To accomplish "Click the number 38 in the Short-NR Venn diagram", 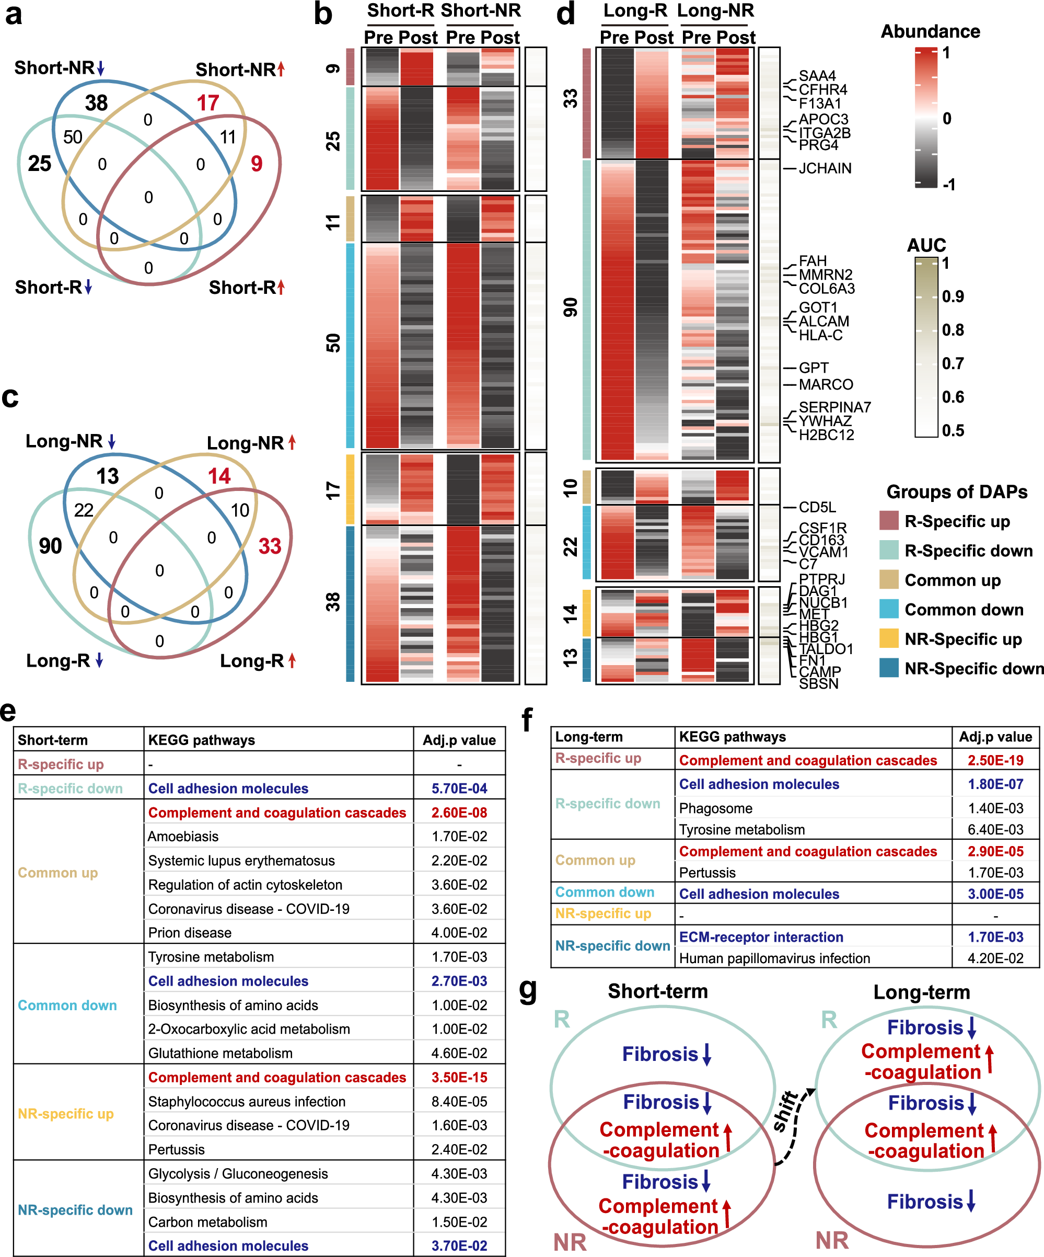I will click(x=96, y=103).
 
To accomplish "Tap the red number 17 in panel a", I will click(x=207, y=103).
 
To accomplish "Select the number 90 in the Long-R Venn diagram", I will click(x=50, y=546).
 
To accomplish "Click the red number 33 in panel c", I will click(x=270, y=546).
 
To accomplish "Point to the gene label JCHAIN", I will click(x=825, y=168).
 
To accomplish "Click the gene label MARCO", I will click(x=826, y=384).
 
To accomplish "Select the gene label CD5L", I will click(x=817, y=507).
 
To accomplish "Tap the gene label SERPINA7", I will click(x=834, y=407).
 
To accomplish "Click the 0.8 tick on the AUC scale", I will click(x=953, y=330).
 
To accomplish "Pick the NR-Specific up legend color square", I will click(x=889, y=638).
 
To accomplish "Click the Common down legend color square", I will click(x=889, y=609).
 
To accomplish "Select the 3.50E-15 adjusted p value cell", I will click(x=459, y=1078).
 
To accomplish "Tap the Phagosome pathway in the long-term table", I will click(x=715, y=808).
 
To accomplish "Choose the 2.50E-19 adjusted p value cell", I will click(x=995, y=760).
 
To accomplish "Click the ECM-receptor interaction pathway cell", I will click(x=761, y=937).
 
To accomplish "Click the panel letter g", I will click(x=528, y=990).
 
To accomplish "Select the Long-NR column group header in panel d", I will click(x=715, y=11).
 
